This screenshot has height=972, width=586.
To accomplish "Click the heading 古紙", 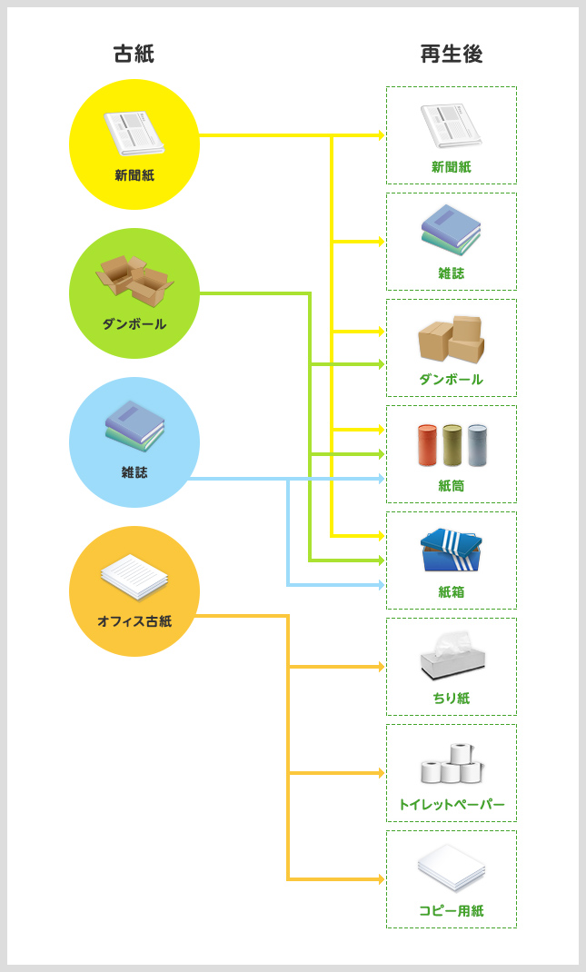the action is click(x=134, y=54).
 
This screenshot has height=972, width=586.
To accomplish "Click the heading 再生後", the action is click(x=451, y=54).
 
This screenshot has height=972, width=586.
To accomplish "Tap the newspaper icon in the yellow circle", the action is click(x=134, y=134).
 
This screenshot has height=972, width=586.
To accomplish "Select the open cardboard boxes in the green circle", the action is click(x=134, y=281).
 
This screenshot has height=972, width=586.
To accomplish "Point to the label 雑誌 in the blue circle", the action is click(x=134, y=472).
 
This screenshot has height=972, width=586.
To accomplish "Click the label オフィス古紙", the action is click(x=134, y=621).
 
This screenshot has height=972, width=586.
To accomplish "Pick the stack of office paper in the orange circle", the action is click(x=134, y=577).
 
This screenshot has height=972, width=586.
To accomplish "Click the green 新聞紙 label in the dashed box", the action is click(x=451, y=167).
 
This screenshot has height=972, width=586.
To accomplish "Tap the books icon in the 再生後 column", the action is click(x=451, y=229).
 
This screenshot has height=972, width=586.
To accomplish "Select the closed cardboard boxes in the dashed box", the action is click(x=451, y=340).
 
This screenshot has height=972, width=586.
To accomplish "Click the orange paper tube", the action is click(x=426, y=445).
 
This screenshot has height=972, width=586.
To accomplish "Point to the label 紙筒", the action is click(x=451, y=486).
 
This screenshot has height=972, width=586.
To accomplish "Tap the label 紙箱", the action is click(x=451, y=592).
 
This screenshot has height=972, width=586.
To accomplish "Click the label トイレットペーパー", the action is click(x=451, y=805).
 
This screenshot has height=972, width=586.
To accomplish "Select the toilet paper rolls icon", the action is click(x=452, y=763).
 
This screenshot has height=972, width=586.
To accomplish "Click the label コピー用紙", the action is click(x=451, y=910).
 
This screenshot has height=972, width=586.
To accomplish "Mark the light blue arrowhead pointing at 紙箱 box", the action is click(x=382, y=585).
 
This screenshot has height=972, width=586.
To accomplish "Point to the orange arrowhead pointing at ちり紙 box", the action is click(x=382, y=667).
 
